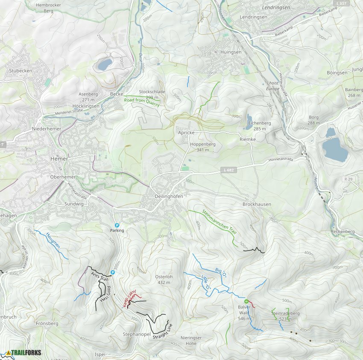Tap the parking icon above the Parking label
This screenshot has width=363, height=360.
[x=117, y=225]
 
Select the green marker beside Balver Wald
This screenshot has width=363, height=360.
[x=246, y=302]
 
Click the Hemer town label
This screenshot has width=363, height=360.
[x=56, y=158]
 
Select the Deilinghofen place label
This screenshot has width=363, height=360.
[x=169, y=196]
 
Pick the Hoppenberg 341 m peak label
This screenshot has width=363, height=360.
[x=202, y=147]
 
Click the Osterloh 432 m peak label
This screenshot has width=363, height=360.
[x=164, y=279]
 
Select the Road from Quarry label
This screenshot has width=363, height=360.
[x=142, y=102]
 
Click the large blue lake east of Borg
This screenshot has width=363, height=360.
[x=335, y=149]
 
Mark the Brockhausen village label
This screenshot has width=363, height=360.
[x=256, y=204]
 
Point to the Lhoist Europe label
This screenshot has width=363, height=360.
[x=272, y=86]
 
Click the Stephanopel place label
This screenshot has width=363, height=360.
[x=137, y=333]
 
